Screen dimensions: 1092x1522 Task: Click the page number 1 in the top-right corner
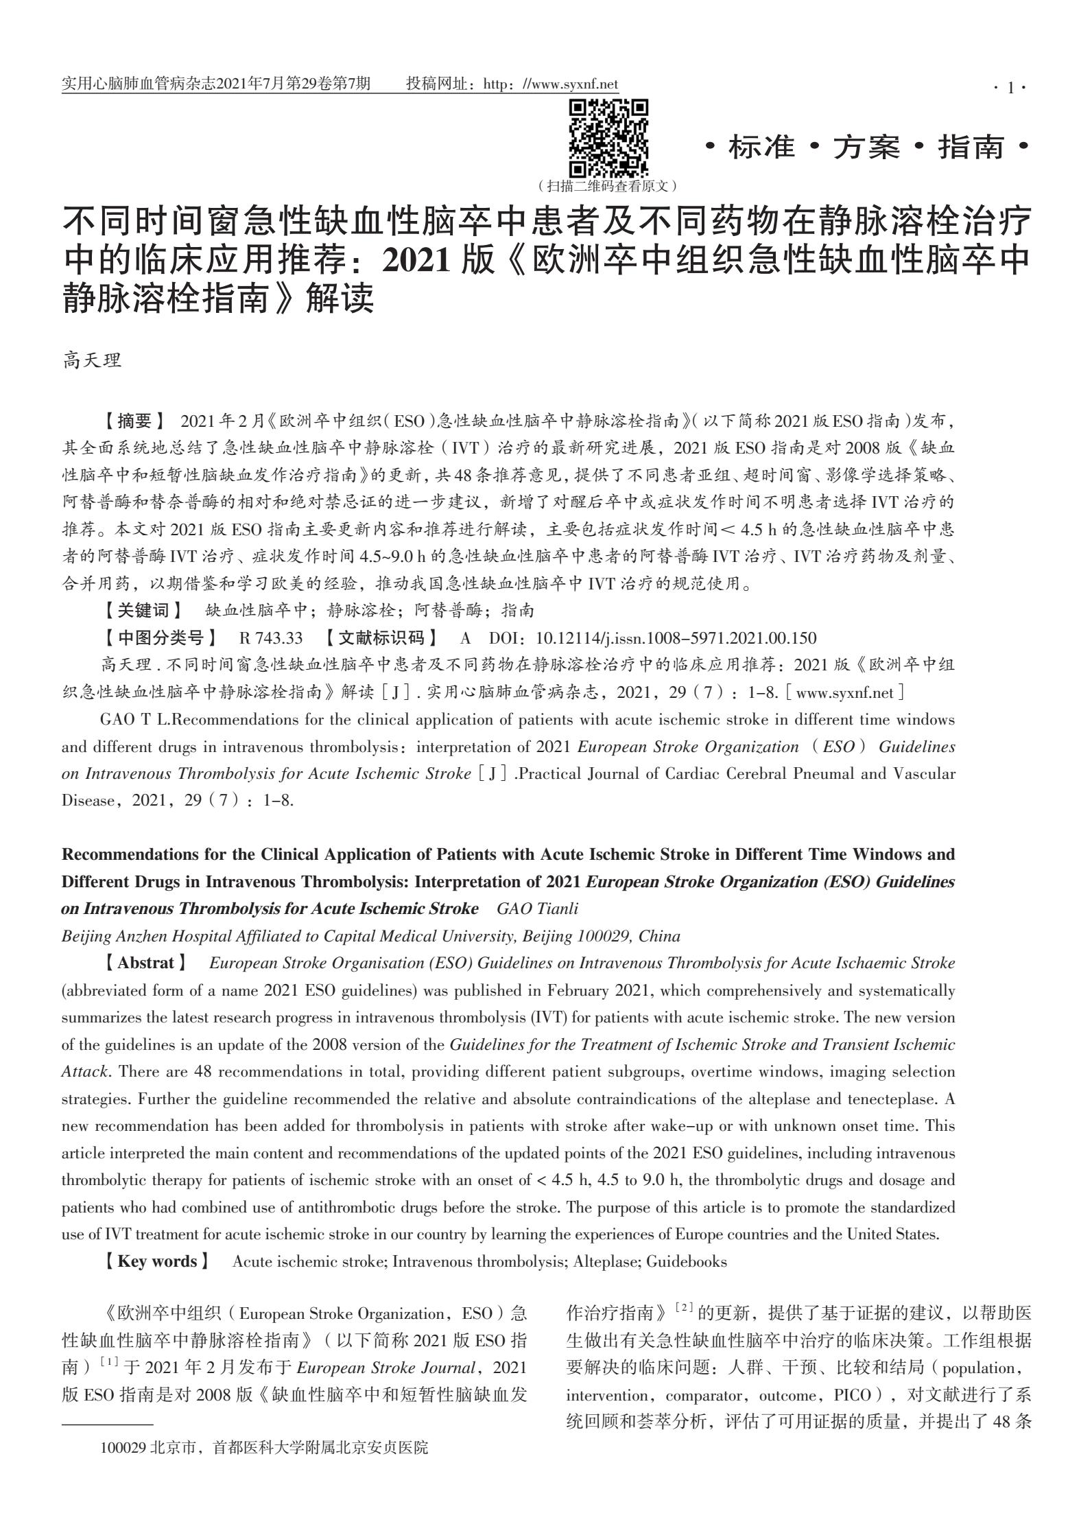pos(1010,87)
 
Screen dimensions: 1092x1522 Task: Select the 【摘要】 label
pos(133,420)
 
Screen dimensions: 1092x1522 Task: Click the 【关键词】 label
pos(143,610)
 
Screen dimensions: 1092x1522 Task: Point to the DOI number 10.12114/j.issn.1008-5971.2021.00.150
pos(676,638)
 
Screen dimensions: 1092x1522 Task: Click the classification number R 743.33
pos(270,638)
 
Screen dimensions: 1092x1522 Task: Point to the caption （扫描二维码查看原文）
pos(608,185)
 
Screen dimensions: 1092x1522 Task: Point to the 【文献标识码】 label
pos(381,638)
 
